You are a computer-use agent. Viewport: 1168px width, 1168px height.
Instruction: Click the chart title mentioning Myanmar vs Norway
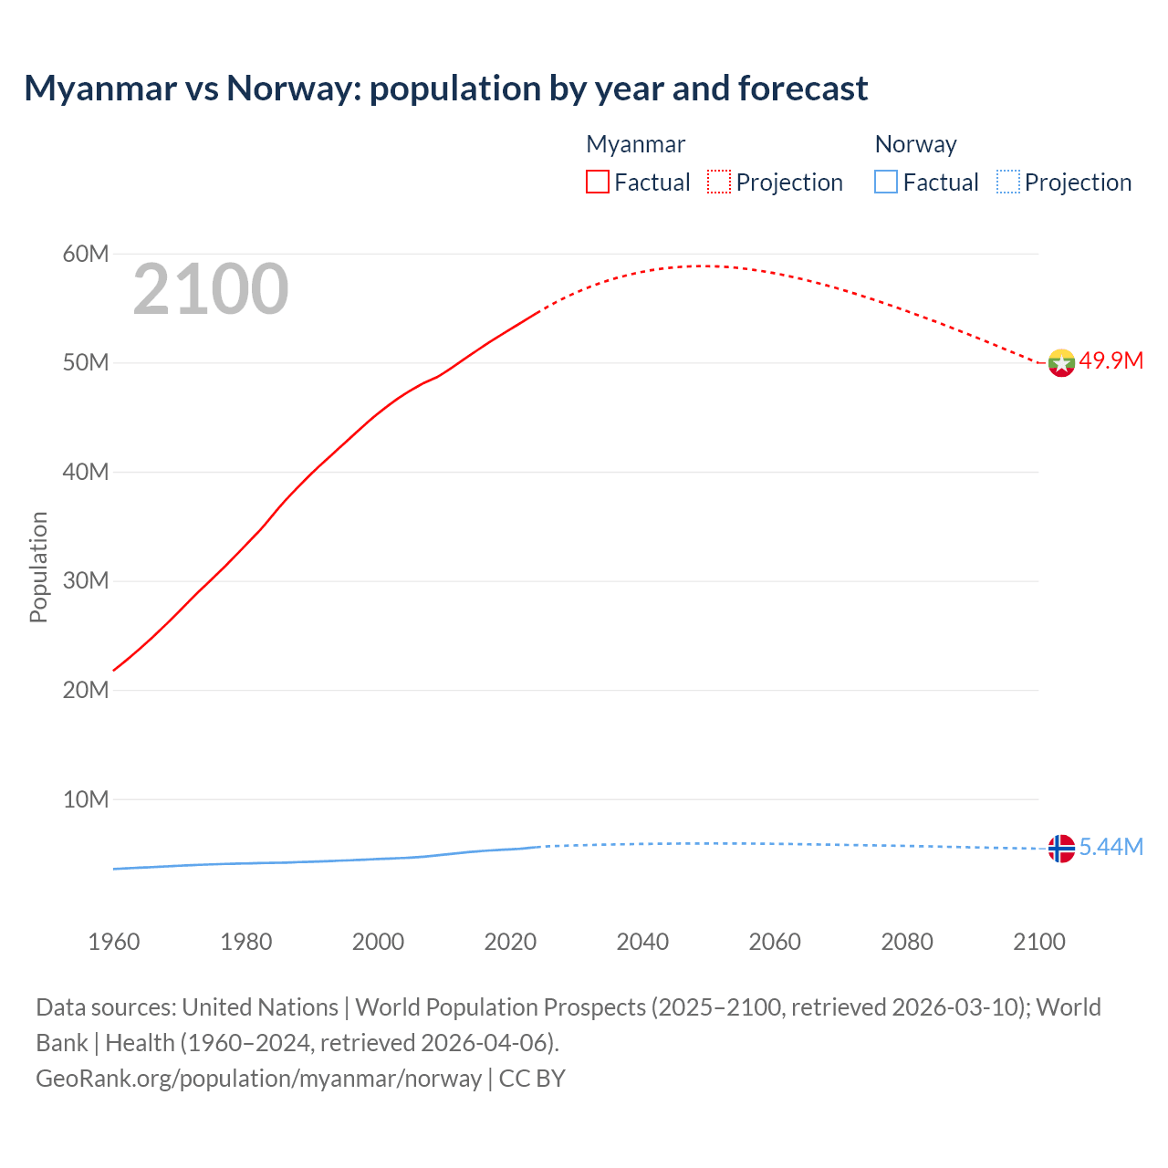click(x=445, y=89)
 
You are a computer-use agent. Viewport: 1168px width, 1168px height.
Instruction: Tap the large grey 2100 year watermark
click(x=211, y=289)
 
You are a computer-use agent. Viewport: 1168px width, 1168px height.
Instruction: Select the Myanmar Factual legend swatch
click(x=597, y=182)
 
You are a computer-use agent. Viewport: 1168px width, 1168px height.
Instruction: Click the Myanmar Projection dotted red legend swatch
click(x=719, y=182)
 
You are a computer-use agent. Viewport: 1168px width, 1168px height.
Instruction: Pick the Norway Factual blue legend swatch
click(x=886, y=182)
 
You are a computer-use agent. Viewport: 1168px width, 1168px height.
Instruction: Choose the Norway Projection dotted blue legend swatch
click(x=1008, y=182)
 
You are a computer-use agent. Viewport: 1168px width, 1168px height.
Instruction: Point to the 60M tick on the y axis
click(x=86, y=254)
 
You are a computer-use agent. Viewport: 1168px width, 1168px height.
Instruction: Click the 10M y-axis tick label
click(x=86, y=799)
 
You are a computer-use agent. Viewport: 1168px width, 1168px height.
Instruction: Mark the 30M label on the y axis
click(x=86, y=581)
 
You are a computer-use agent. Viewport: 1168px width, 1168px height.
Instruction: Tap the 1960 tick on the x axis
click(x=114, y=942)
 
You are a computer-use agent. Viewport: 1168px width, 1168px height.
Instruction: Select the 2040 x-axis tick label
click(x=642, y=942)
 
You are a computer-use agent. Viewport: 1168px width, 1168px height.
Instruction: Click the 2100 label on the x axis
click(x=1038, y=942)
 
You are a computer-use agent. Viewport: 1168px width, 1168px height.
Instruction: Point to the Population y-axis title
click(x=38, y=567)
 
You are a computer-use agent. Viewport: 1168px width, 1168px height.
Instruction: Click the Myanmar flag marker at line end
click(x=1061, y=362)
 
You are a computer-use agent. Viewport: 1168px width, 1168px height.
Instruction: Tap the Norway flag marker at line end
click(x=1061, y=849)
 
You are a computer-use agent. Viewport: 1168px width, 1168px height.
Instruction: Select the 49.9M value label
click(x=1111, y=360)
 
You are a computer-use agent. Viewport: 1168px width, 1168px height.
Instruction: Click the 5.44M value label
click(x=1111, y=847)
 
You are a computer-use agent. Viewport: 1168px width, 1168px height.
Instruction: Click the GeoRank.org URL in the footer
click(x=258, y=1078)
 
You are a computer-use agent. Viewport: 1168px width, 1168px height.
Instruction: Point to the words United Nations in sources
click(x=260, y=1006)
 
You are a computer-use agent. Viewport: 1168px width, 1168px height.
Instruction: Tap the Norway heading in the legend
click(x=915, y=144)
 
